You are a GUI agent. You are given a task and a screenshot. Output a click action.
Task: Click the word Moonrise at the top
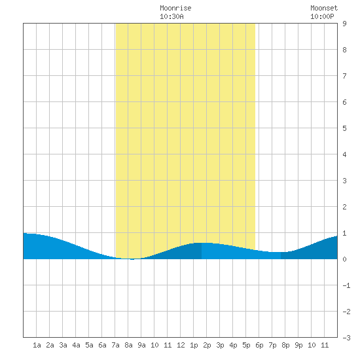point(175,8)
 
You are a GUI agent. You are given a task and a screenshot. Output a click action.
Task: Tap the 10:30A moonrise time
point(171,16)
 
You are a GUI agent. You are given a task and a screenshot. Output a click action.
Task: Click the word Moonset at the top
point(324,8)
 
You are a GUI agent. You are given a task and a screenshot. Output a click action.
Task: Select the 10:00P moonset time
point(322,16)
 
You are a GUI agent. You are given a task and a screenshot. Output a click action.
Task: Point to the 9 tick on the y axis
point(344,24)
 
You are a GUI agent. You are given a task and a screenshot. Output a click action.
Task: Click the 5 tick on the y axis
point(344,128)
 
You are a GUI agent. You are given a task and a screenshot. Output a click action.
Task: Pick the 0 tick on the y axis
point(344,259)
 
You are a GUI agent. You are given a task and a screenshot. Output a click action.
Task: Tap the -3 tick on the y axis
point(346,338)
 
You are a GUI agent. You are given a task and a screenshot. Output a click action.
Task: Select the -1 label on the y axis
point(346,285)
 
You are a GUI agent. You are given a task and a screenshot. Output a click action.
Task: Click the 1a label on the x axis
point(37,345)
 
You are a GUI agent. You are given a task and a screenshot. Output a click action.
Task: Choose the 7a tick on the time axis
point(115,345)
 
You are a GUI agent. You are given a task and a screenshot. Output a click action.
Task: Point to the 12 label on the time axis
point(181,345)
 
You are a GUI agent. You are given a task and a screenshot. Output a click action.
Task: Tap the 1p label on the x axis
point(194,345)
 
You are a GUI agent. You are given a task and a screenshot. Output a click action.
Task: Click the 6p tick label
point(259,345)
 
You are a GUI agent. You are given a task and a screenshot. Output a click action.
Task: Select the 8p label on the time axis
point(285,345)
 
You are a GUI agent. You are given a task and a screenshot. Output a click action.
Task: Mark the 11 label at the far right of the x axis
point(325,345)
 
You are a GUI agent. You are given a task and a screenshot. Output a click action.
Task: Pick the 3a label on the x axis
point(63,345)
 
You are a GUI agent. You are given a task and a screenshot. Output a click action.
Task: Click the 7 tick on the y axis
point(344,76)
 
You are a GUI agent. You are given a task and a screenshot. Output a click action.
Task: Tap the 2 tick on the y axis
point(344,207)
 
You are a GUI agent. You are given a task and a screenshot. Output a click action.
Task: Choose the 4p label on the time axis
point(233,345)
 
